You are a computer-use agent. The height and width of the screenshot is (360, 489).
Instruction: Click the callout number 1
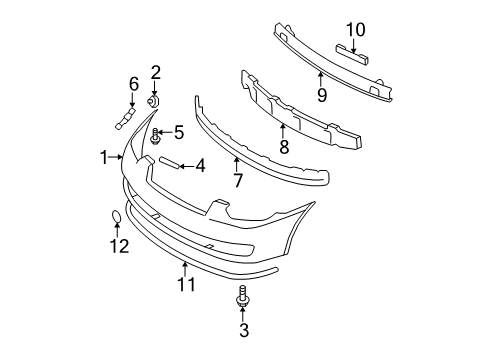tap(103, 157)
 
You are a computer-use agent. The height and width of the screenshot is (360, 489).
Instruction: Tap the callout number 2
tap(156, 71)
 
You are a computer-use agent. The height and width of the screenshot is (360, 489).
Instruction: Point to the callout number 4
tap(200, 165)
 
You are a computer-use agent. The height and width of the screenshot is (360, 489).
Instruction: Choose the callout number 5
tap(179, 131)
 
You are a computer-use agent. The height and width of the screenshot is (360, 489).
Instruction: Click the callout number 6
tap(133, 84)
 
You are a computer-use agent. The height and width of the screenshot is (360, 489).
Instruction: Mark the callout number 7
tap(237, 180)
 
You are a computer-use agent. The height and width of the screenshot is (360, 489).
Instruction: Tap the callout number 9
tap(321, 96)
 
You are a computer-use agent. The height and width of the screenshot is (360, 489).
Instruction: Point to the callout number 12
tap(119, 246)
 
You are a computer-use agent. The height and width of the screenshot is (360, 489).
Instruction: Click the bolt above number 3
tap(243, 296)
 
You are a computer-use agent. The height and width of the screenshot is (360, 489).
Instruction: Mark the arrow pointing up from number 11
tap(186, 267)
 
